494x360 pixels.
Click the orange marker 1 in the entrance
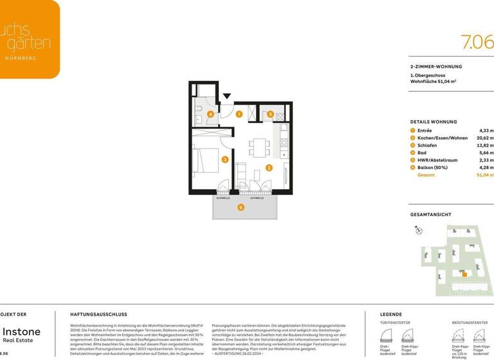tap(239, 114)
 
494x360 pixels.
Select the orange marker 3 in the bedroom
tap(224, 159)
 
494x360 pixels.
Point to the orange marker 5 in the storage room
tap(271, 114)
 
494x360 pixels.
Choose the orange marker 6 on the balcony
tap(241, 207)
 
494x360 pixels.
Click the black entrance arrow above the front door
tap(226, 97)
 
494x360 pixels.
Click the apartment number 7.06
tap(477, 42)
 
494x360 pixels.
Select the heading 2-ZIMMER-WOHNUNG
tap(435, 66)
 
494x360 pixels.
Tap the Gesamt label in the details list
tap(426, 175)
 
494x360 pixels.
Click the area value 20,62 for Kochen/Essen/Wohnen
tap(484, 138)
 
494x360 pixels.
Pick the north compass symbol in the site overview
tap(417, 230)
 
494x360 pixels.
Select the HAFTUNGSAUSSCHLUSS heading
tap(98, 314)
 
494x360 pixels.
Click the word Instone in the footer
tap(21, 331)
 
